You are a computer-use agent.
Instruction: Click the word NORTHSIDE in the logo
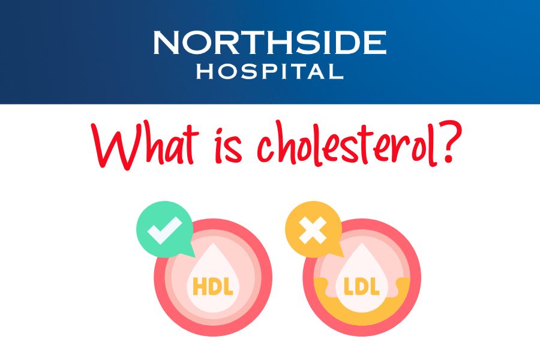click(269, 43)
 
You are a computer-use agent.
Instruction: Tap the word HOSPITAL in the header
click(269, 73)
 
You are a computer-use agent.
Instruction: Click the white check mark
click(164, 230)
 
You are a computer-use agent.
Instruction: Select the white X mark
click(313, 230)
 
